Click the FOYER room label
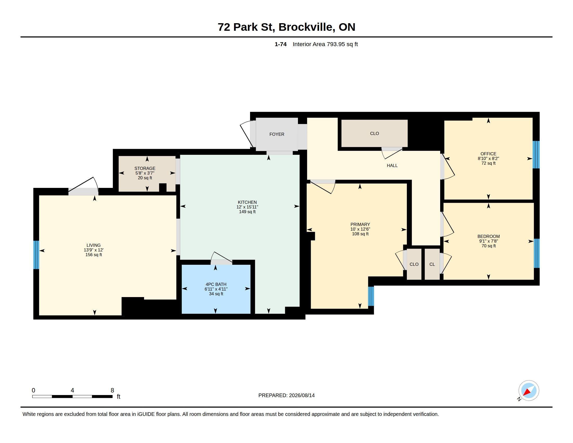(x=277, y=134)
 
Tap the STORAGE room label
(x=145, y=168)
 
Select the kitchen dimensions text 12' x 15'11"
(x=247, y=207)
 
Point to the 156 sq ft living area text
(x=94, y=255)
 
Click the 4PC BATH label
(x=216, y=284)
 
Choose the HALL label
(x=392, y=165)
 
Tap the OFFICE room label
(x=488, y=154)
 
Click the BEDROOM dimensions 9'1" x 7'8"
(x=489, y=241)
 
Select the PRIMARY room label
(x=360, y=224)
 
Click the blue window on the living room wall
(x=36, y=255)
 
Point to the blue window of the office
(x=536, y=155)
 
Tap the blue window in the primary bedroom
(x=371, y=296)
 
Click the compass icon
(x=529, y=391)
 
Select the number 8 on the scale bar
(x=112, y=390)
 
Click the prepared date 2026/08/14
(x=302, y=395)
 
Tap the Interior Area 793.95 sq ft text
(x=325, y=44)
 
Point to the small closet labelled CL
(x=432, y=264)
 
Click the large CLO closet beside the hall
(x=374, y=133)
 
